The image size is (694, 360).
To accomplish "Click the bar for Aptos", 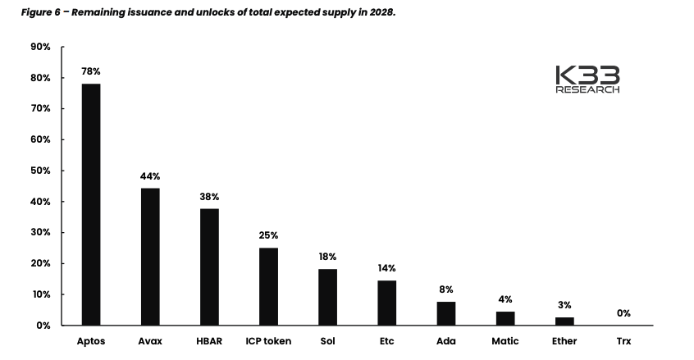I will pos(91,204).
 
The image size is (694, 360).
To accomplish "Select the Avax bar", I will pos(150,257).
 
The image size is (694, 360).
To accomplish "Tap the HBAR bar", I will pos(209,267).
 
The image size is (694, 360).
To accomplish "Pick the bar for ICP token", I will pos(268,286).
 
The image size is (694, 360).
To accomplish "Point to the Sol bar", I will pos(327,297).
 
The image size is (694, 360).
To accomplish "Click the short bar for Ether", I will pos(564,321).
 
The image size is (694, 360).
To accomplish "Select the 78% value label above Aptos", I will pos(91,72).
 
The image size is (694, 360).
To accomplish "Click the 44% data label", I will pos(150,176).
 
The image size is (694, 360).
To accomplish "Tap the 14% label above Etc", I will pos(386,268).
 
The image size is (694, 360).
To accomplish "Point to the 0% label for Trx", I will pos(623,313).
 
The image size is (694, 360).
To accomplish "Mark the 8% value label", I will pos(445,289).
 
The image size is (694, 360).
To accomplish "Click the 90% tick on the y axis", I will pos(41,48).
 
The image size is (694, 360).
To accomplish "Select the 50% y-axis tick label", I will pos(41,171).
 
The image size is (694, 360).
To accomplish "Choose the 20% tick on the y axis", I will pos(41,263).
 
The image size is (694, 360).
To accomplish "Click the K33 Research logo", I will pos(587,79).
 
